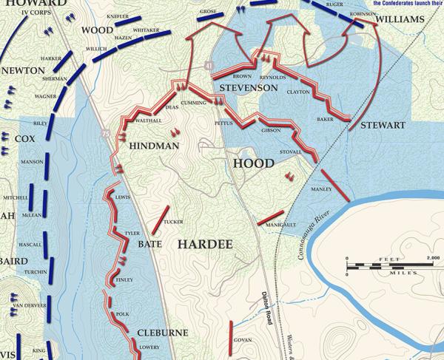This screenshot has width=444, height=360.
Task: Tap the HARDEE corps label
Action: click(x=205, y=243)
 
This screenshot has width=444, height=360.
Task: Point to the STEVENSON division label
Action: click(x=248, y=88)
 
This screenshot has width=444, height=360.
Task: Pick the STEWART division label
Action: click(x=383, y=126)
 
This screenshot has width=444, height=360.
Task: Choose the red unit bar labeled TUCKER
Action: click(x=158, y=221)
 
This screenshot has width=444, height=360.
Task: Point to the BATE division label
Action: click(x=150, y=243)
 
